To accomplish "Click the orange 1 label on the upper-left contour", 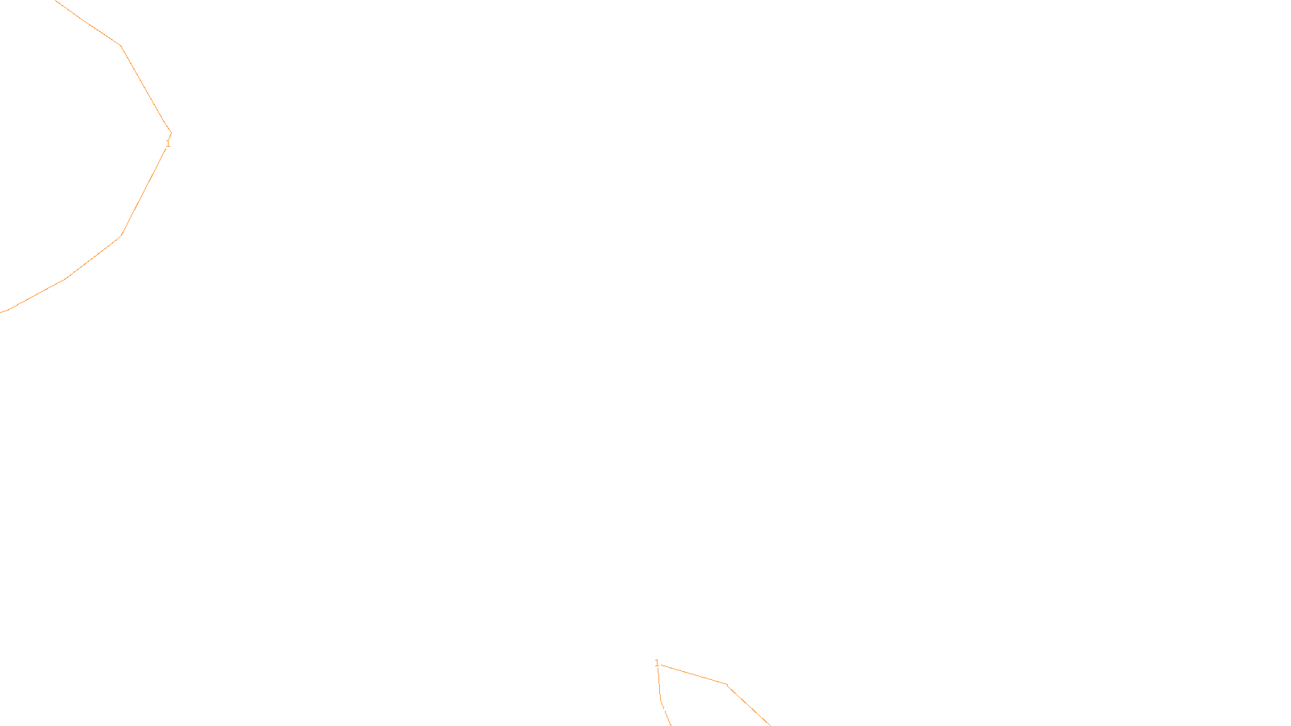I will pos(168,144).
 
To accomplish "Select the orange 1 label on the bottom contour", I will pos(657,663).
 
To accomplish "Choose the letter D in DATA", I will pos(674,712).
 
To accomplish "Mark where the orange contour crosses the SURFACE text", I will pos(666,712).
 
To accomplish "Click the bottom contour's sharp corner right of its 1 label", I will pos(726,684).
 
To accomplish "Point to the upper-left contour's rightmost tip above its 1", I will pos(171,132).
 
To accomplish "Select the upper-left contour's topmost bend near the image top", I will pos(120,45).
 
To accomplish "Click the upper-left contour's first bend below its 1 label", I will pos(121,236).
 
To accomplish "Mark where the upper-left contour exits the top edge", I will pos(55,1).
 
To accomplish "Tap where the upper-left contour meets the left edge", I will pos(2,311).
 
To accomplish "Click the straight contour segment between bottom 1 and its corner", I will pos(694,674).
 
